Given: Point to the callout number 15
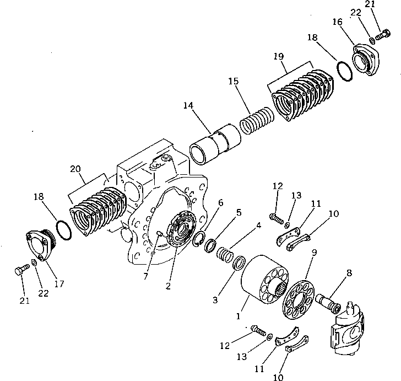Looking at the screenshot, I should click(x=234, y=81).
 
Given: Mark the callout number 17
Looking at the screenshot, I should click(x=59, y=284).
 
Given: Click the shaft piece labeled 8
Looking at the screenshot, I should click(x=329, y=300).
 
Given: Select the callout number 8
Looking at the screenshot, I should click(x=349, y=272).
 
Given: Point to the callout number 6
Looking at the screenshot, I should click(x=221, y=203).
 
